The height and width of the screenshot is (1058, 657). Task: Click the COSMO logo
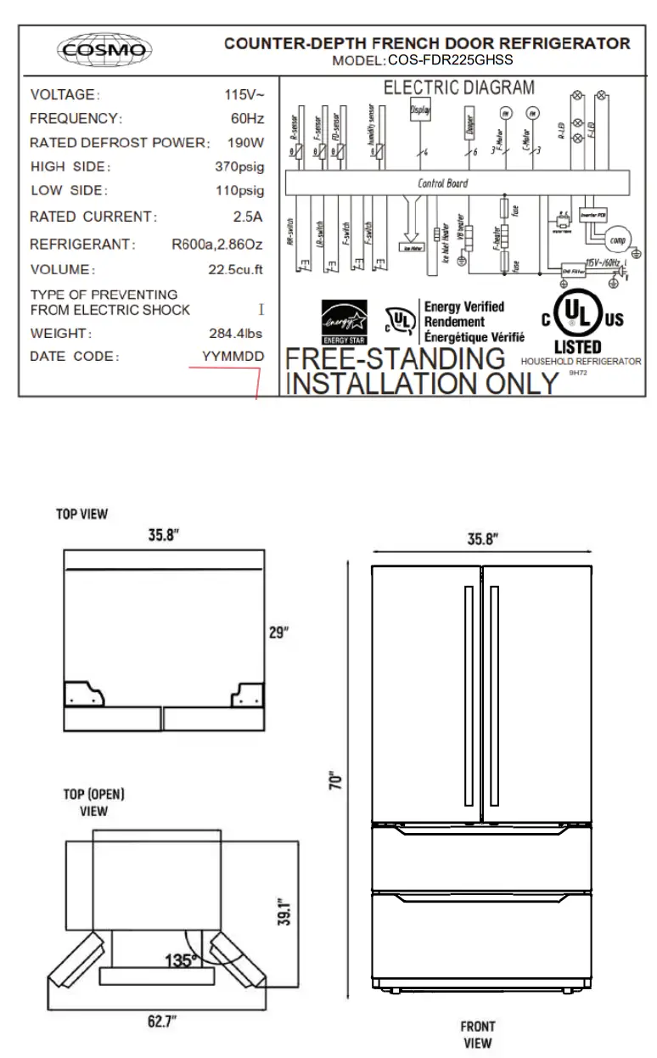point(104,49)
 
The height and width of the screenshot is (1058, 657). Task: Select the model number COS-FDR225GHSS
point(450,60)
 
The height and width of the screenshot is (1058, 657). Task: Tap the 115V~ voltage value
point(244,94)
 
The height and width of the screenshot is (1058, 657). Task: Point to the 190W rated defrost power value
point(245,143)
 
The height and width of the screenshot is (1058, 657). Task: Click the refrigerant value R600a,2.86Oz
point(217,245)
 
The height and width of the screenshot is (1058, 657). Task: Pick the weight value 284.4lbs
point(235,334)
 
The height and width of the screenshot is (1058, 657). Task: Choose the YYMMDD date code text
point(233,357)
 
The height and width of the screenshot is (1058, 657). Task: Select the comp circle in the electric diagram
point(617,239)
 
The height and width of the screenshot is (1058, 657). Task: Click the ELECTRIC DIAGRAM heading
point(459,87)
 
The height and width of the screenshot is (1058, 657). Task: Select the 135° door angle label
point(182,960)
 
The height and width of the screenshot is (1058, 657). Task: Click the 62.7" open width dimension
point(162,1021)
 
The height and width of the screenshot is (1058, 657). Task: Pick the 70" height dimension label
point(335,781)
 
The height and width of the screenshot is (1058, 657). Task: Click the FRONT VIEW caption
point(478,1034)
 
